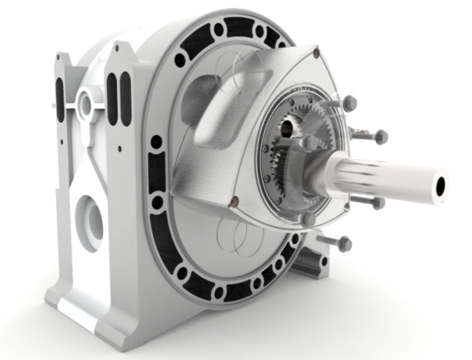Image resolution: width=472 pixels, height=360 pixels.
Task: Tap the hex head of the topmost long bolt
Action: pyautogui.click(x=348, y=103)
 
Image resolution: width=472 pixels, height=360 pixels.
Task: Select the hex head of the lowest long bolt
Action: pyautogui.click(x=343, y=244)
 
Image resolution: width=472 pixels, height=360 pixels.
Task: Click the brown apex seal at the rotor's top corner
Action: pyautogui.click(x=315, y=54)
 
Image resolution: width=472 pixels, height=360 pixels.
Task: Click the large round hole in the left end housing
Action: pyautogui.click(x=90, y=221)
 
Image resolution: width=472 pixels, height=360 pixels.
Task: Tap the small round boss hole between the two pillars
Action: pyautogui.click(x=84, y=105)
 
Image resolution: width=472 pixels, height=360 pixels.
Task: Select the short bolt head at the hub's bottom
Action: pyautogui.click(x=308, y=220)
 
